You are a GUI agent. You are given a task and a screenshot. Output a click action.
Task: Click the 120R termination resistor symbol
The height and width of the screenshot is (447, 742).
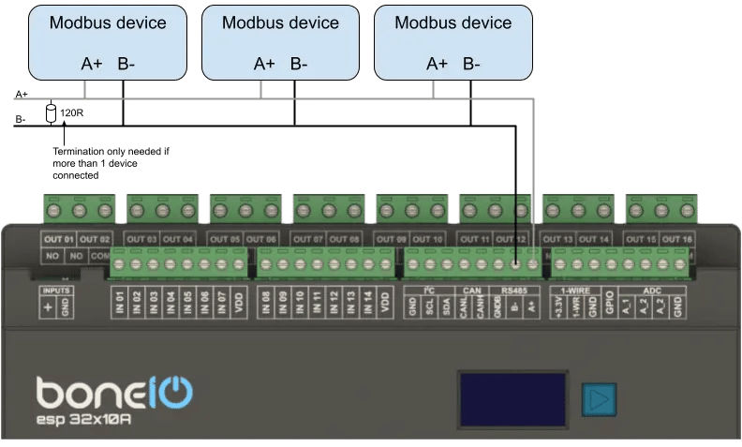pyautogui.click(x=52, y=114)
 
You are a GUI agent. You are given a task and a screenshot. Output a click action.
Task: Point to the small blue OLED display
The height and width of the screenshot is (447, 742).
pyautogui.click(x=512, y=400)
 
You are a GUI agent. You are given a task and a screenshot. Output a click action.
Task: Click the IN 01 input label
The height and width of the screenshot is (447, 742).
pyautogui.click(x=119, y=303)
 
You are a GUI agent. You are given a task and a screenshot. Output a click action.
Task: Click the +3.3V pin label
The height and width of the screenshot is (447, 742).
pyautogui.click(x=560, y=305)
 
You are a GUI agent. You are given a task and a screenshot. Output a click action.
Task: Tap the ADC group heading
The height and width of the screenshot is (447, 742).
pyautogui.click(x=652, y=291)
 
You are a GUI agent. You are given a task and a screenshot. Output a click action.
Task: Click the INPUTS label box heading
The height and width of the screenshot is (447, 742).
pyautogui.click(x=56, y=291)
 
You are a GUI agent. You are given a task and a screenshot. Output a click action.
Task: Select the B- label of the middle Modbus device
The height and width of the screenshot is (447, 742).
pyautogui.click(x=299, y=64)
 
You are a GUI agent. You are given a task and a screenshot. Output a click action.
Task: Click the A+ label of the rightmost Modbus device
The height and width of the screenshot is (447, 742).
pyautogui.click(x=437, y=64)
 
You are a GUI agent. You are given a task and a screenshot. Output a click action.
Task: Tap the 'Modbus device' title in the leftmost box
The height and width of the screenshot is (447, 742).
pyautogui.click(x=108, y=22)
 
